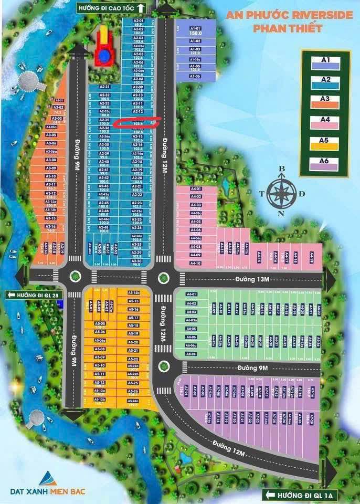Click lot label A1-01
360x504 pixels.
(x=195, y=29)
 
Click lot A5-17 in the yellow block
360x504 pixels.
(x=133, y=318)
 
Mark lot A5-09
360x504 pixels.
(x=100, y=358)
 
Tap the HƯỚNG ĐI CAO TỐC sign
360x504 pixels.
(x=111, y=8)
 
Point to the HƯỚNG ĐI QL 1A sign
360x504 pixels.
(x=297, y=495)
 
